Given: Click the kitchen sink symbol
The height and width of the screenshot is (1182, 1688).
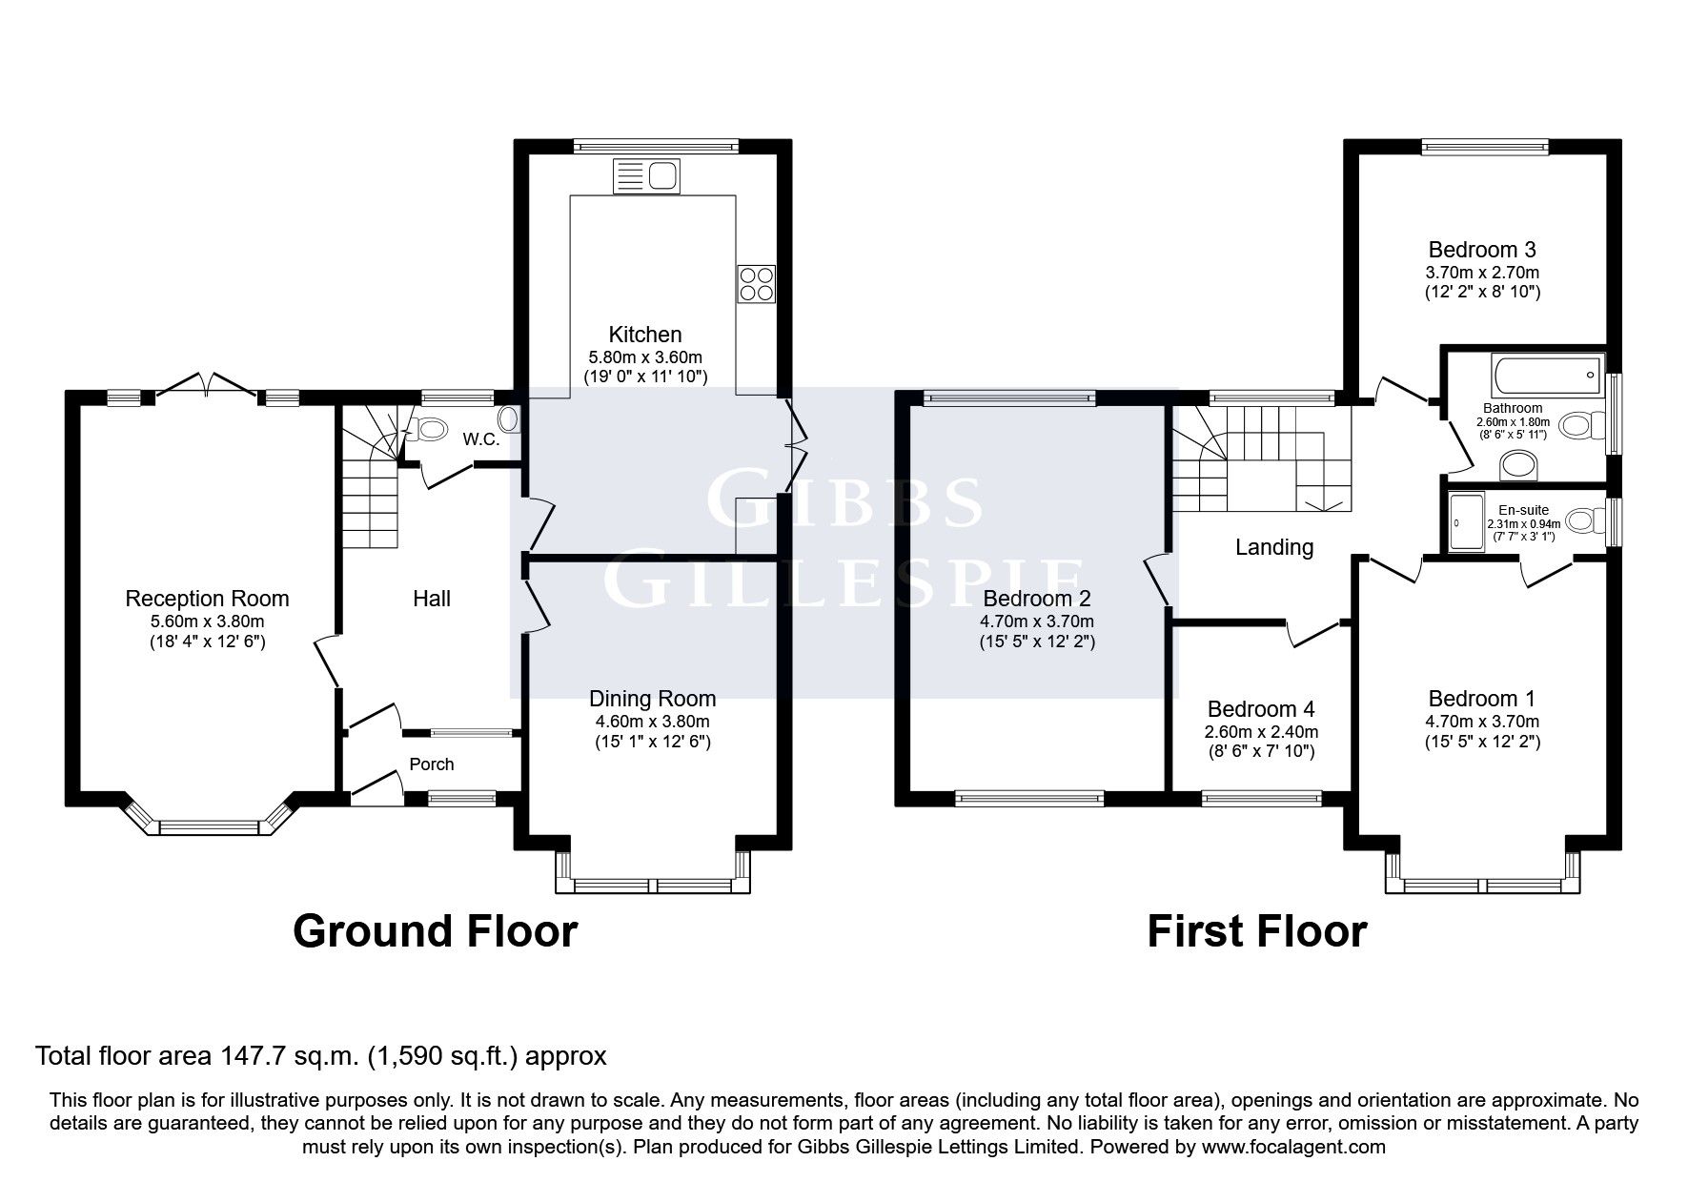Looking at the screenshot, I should point(647,175).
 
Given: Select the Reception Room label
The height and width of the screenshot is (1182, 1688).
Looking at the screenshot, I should point(207,599).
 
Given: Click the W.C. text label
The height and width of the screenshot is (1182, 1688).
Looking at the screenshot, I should point(479,439).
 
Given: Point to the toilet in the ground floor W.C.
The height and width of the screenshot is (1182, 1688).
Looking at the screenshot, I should point(430,430).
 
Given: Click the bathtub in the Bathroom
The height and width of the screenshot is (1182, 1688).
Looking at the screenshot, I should point(1546,377).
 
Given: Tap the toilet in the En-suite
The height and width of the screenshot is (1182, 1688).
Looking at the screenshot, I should point(1583,520).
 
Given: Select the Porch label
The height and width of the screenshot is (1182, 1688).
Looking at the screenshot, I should point(432,764).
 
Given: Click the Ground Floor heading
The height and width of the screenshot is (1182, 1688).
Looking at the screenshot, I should point(435,931).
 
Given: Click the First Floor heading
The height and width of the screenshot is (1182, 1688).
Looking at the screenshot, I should point(1256,931).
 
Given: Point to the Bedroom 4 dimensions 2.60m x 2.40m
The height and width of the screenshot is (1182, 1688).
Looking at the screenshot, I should point(1261,732).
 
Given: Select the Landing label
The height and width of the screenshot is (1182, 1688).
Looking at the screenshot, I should point(1274,547).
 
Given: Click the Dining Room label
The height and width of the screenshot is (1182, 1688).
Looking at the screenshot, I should point(652,699).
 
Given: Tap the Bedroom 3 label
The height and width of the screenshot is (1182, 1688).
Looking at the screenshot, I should point(1482,250).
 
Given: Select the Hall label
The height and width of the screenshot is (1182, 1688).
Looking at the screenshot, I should point(432,599).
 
